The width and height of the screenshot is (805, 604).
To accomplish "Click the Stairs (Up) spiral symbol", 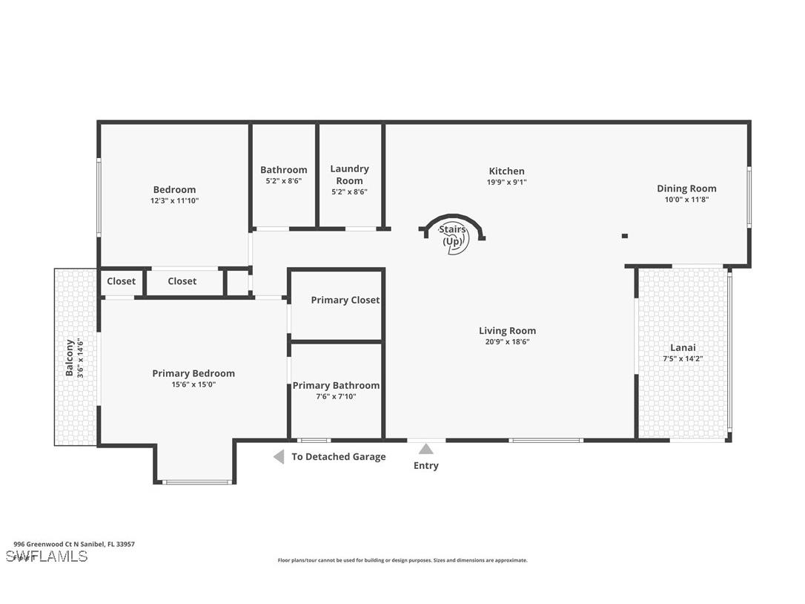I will click(x=453, y=236).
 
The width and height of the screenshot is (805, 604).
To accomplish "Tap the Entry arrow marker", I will click(x=426, y=449).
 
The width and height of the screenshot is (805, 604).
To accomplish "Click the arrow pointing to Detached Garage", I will click(x=279, y=457).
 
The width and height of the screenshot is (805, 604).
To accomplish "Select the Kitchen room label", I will click(x=506, y=171).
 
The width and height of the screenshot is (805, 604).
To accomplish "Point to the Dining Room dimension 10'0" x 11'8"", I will click(x=686, y=199).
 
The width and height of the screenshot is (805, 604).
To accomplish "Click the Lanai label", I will click(x=683, y=347).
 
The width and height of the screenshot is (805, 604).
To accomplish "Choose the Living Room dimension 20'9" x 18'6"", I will click(x=507, y=342).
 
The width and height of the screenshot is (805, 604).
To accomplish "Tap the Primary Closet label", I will click(x=345, y=300).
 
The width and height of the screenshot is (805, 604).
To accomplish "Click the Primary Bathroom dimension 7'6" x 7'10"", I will click(x=336, y=396).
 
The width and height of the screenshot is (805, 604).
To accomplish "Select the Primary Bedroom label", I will click(x=193, y=373).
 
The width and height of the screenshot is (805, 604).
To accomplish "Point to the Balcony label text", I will click(x=70, y=358).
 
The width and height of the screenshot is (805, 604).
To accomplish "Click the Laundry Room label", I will click(x=349, y=174).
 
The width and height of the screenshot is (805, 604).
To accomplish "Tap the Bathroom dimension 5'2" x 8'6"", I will click(x=283, y=180).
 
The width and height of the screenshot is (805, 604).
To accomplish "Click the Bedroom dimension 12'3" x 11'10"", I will click(x=174, y=200).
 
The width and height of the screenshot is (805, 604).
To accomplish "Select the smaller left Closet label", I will click(x=121, y=281).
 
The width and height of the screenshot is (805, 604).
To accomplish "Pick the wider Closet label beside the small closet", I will click(x=182, y=281).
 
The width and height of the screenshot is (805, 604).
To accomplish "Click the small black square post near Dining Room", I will click(x=625, y=236).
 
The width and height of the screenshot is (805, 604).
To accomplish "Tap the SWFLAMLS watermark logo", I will click(x=47, y=557).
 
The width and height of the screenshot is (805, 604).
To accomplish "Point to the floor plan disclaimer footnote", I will click(x=402, y=560).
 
